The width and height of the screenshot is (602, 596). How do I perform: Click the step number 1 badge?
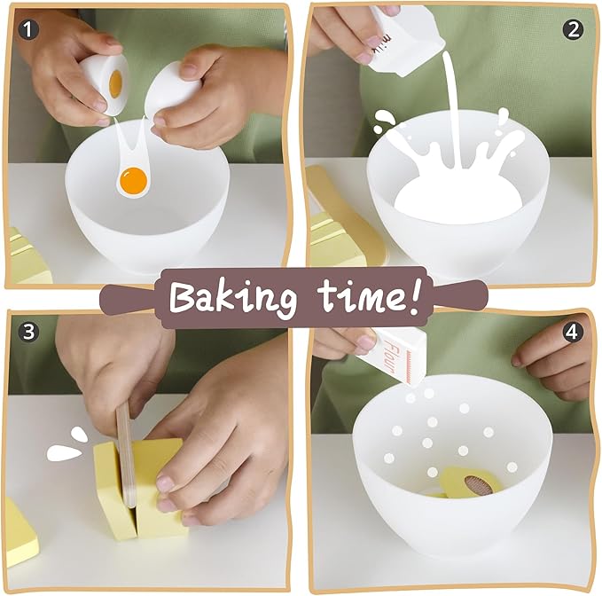click(28, 29)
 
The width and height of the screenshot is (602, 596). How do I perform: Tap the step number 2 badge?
click(574, 29)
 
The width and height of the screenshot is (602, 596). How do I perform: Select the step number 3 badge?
click(29, 332)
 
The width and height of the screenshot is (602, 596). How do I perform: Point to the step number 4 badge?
click(572, 332)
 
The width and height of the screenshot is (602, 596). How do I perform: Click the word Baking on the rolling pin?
click(233, 298)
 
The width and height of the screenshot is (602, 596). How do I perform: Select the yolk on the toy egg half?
click(115, 82)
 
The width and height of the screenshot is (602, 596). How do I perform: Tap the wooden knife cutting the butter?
click(126, 454)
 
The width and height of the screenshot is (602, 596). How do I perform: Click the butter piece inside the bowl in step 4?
click(470, 482)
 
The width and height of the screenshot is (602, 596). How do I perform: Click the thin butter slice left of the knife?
click(112, 491)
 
